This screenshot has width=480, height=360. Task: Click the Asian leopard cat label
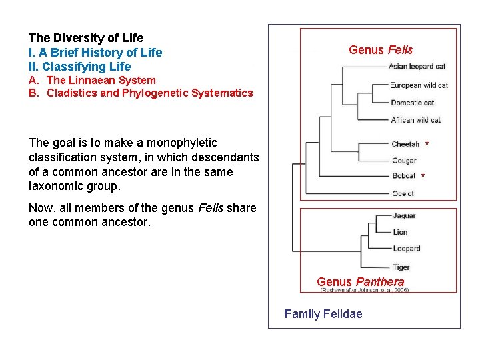pyautogui.click(x=417, y=67)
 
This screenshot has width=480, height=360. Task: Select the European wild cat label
pyautogui.click(x=419, y=85)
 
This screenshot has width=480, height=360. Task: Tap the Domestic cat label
pyautogui.click(x=412, y=103)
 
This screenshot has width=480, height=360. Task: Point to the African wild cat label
pyautogui.click(x=416, y=120)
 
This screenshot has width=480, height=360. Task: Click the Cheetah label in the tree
pyautogui.click(x=405, y=144)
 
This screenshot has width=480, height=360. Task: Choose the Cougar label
pyautogui.click(x=404, y=161)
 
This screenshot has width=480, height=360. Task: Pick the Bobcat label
pyautogui.click(x=404, y=176)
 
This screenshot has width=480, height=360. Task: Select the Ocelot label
pyautogui.click(x=403, y=193)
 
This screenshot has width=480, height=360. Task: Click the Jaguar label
pyautogui.click(x=404, y=216)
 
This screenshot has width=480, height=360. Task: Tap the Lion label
pyautogui.click(x=400, y=232)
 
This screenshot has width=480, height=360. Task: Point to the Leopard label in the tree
pyautogui.click(x=406, y=249)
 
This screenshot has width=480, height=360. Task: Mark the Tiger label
pyautogui.click(x=401, y=267)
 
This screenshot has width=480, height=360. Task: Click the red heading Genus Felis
pyautogui.click(x=381, y=50)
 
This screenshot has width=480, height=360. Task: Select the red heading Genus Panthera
pyautogui.click(x=360, y=282)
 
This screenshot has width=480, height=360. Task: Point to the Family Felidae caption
pyautogui.click(x=323, y=314)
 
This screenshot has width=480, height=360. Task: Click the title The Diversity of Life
pyautogui.click(x=86, y=38)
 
